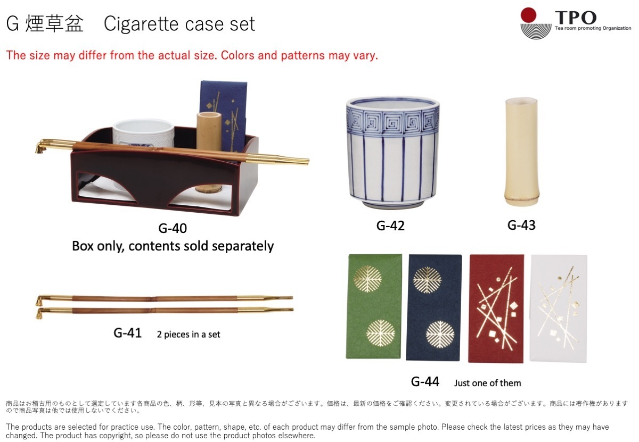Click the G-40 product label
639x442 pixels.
click(173, 229)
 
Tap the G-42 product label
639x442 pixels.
click(390, 226)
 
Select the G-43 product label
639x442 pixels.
click(521, 225)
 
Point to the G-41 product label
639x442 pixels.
click(127, 333)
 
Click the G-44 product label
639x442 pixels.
click(425, 381)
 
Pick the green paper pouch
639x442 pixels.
click(374, 306)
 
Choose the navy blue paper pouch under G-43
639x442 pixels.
click(433, 308)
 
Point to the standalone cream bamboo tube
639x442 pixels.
click(521, 152)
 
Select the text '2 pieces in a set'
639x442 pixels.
click(189, 335)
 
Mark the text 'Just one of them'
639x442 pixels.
click(487, 383)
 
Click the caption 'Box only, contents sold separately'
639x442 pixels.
click(173, 246)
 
